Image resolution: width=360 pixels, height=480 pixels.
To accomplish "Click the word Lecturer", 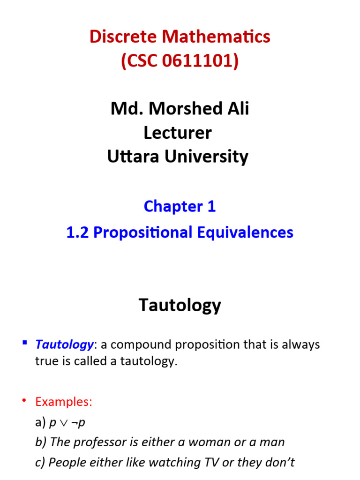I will pyautogui.click(x=178, y=133).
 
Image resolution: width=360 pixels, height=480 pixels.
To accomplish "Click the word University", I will pyautogui.click(x=206, y=157).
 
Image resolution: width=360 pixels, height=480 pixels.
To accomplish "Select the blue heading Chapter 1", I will pyautogui.click(x=180, y=206).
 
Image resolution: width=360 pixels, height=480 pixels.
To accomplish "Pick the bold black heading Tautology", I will pyautogui.click(x=180, y=306).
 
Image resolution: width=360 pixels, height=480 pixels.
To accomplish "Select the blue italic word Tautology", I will pyautogui.click(x=64, y=345).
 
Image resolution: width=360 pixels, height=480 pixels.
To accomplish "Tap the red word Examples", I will pyautogui.click(x=64, y=402).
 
